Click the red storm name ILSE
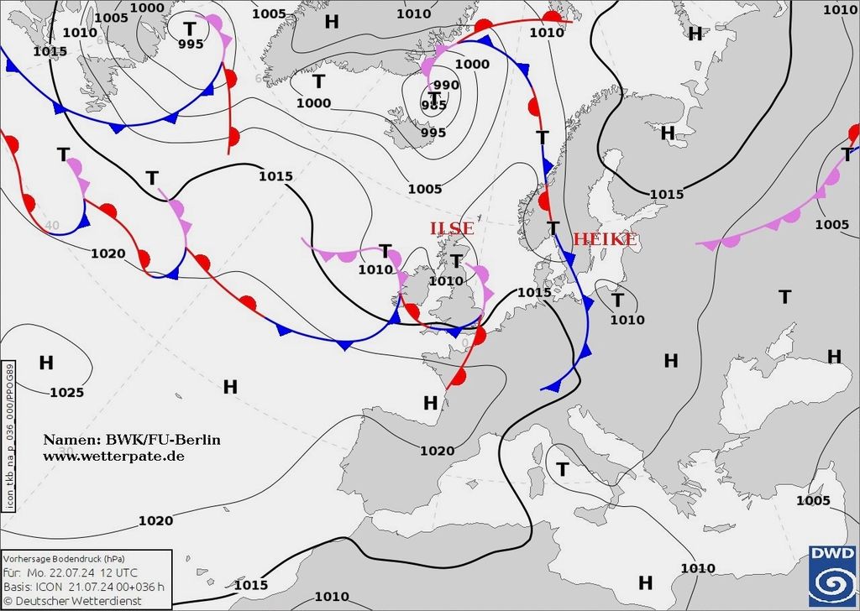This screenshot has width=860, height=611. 452,228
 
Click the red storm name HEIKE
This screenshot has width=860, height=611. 604,240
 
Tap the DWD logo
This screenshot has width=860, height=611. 832,576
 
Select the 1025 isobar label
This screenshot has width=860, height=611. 66,392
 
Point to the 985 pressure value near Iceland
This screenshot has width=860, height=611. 433,105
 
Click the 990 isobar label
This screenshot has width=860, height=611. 446,85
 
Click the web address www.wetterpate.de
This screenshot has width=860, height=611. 113,456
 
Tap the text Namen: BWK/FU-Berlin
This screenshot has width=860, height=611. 132,440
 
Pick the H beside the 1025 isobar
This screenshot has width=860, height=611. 46,363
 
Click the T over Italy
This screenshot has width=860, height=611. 563,468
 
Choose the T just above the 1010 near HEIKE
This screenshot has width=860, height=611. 617,300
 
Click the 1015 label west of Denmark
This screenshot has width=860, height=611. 534,292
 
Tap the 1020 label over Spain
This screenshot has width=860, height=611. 437,451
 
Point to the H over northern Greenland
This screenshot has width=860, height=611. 332,21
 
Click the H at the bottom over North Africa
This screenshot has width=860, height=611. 645,582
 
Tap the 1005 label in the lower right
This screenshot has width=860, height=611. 813,501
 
